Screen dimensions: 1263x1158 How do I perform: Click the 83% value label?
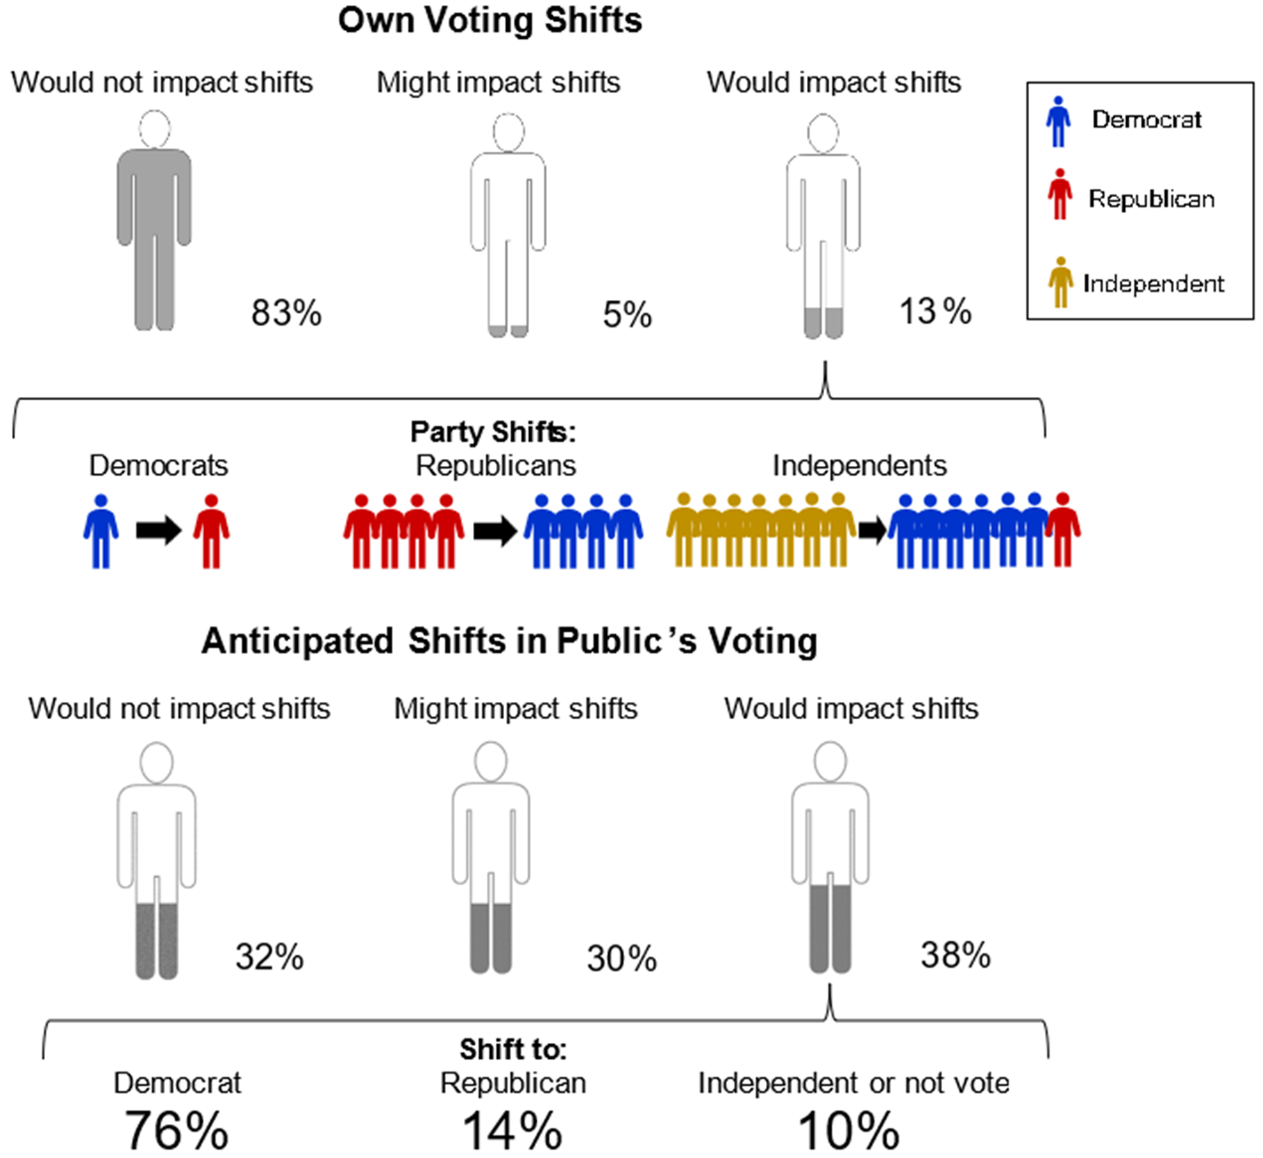point(287,313)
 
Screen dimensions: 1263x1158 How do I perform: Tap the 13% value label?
point(935,312)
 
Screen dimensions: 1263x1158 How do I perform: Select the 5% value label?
point(628,314)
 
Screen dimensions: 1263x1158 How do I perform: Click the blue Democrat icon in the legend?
point(1058,122)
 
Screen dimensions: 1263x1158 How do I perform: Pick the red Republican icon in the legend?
point(1060,194)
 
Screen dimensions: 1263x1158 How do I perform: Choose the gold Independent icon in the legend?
point(1060,283)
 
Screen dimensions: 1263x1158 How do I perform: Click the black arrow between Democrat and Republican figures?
point(159,531)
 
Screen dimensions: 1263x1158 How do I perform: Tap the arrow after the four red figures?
point(495,532)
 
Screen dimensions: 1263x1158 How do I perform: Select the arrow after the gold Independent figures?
point(873,531)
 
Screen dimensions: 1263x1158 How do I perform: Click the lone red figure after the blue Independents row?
point(1064,530)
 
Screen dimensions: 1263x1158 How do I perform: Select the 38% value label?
point(955,955)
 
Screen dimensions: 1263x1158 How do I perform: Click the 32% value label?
point(269,957)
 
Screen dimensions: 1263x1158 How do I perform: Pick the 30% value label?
point(621,959)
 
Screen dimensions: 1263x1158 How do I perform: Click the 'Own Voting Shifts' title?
point(490,20)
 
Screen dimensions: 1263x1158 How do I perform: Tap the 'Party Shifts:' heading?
point(493,432)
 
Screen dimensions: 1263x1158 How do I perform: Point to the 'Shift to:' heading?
point(513,1049)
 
